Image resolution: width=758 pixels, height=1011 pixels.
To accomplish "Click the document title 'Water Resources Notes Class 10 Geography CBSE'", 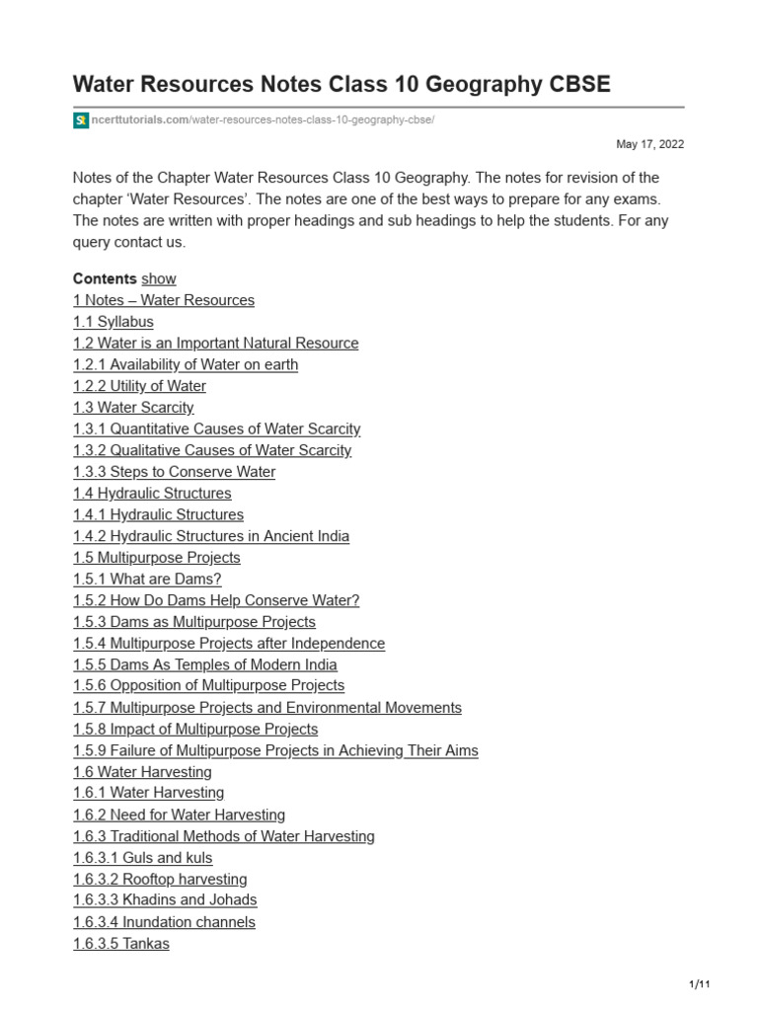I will [x=341, y=85].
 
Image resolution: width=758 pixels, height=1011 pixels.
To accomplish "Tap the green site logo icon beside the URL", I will [x=81, y=120].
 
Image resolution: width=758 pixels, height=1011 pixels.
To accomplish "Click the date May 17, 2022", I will [x=649, y=144].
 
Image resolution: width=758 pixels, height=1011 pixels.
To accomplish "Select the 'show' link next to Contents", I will [x=159, y=278].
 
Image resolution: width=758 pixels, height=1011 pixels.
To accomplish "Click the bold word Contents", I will [x=105, y=278].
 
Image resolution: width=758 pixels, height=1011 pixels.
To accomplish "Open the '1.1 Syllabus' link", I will [x=114, y=322].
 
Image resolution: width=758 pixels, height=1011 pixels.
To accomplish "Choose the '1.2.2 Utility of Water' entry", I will [x=139, y=386].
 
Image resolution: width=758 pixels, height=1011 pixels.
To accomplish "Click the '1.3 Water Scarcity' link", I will [x=133, y=408].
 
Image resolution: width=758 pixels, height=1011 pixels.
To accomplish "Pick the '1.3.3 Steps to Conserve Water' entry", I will [x=174, y=472].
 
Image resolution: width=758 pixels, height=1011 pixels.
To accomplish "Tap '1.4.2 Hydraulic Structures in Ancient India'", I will [x=211, y=536].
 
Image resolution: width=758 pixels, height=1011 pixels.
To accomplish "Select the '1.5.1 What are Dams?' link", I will [x=147, y=580].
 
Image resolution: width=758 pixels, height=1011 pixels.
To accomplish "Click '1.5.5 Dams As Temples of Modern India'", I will [x=204, y=664].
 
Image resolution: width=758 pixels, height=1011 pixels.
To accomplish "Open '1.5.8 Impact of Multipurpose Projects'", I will [x=195, y=729].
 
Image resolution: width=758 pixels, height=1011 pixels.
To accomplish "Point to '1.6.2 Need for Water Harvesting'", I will [x=179, y=815].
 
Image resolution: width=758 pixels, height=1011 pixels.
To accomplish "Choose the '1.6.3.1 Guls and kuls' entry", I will [x=142, y=858].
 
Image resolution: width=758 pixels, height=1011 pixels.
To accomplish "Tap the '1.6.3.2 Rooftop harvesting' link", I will [x=160, y=879].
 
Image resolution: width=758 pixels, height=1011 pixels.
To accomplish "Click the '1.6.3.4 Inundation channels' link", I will [x=164, y=922].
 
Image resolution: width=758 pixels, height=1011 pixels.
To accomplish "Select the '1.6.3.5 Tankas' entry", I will [x=121, y=944].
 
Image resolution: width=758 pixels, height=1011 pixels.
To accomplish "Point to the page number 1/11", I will [x=699, y=985].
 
